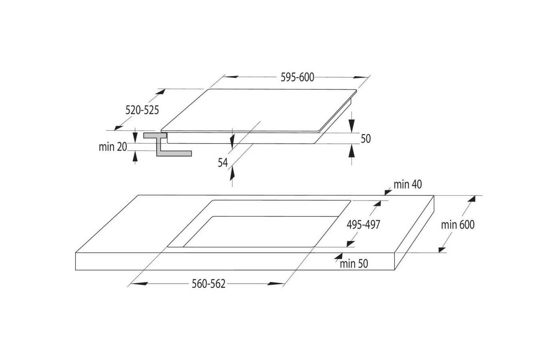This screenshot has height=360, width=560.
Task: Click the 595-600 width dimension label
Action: click(297, 77)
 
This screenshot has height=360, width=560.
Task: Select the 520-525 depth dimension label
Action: click(142, 110)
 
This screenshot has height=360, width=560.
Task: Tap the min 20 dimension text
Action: click(113, 147)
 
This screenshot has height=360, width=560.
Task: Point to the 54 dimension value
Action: click(223, 163)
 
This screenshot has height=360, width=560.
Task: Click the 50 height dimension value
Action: click(366, 139)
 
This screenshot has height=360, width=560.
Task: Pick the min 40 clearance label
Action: click(408, 184)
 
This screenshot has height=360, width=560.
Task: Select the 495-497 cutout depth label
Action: click(363, 225)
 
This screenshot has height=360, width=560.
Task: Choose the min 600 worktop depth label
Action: click(458, 225)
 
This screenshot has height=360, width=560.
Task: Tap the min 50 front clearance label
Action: click(354, 264)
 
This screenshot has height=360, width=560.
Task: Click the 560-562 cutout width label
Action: click(208, 284)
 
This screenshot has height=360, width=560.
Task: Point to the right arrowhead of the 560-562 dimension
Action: click(276, 284)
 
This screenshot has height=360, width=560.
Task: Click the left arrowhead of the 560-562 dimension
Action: click(139, 284)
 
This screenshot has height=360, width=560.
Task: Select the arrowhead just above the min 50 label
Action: click(339, 256)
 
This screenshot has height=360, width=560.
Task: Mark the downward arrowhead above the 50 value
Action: click(352, 126)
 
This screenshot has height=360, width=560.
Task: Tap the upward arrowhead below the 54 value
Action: click(232, 173)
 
